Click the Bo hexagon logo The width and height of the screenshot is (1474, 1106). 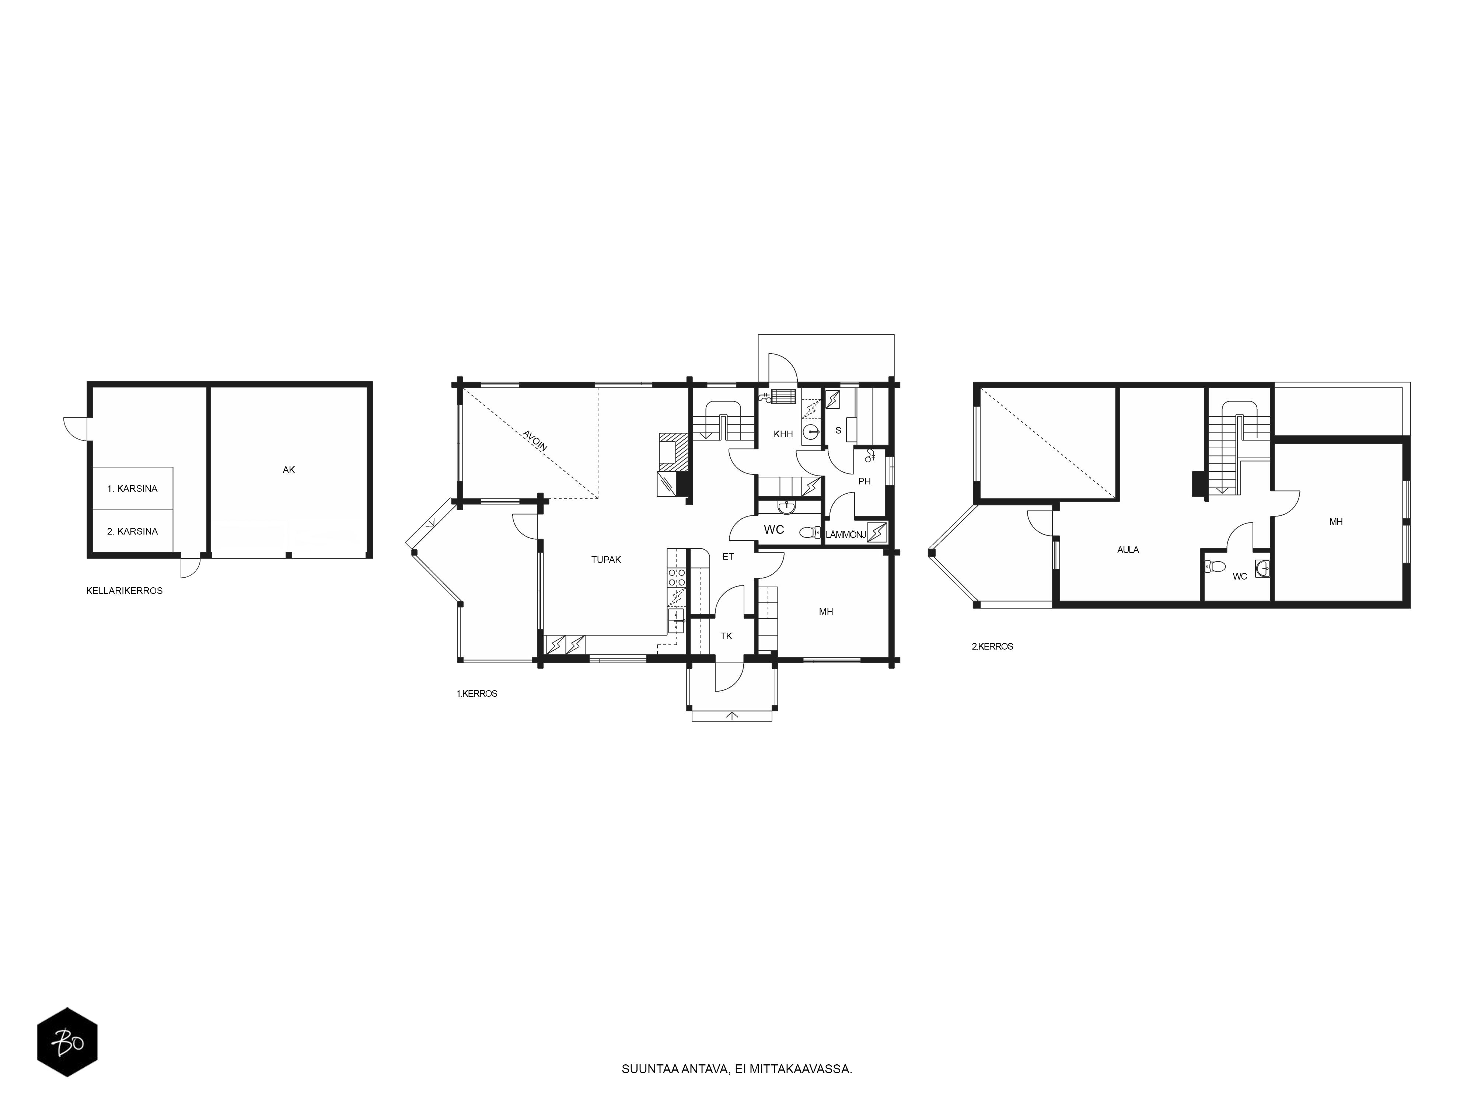tap(67, 1042)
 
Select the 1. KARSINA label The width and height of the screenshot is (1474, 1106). tap(133, 488)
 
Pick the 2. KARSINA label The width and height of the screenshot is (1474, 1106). tap(133, 531)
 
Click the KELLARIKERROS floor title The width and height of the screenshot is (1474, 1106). tap(125, 591)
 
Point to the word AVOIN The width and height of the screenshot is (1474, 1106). tap(535, 441)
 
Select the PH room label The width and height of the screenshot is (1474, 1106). tap(864, 481)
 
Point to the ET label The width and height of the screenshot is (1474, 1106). tap(728, 556)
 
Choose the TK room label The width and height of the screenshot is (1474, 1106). tap(726, 636)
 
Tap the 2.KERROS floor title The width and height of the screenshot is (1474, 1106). tap(992, 646)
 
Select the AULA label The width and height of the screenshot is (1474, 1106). tap(1128, 550)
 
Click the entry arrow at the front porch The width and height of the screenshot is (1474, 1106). tap(732, 716)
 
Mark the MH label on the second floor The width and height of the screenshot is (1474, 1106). tap(1335, 522)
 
